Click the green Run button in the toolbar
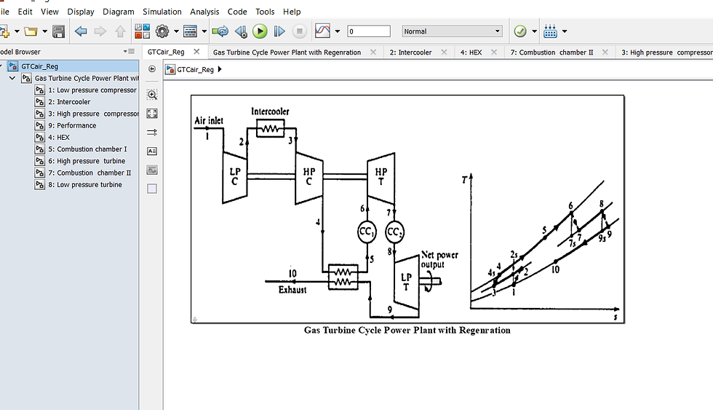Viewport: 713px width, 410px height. (x=260, y=31)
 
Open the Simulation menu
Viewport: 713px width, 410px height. (x=162, y=12)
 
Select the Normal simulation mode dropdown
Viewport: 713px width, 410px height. (x=452, y=31)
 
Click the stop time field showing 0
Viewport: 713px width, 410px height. (x=369, y=31)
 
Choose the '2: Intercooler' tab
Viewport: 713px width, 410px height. (x=410, y=52)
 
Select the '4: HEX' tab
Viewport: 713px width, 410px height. (x=471, y=52)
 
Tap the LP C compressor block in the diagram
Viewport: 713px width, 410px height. (x=234, y=177)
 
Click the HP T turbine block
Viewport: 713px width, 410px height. (x=381, y=176)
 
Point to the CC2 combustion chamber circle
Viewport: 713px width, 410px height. (x=394, y=232)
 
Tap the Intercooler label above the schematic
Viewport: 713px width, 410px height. (x=270, y=111)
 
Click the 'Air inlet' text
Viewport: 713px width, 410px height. (x=209, y=120)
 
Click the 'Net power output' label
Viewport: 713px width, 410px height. (x=439, y=260)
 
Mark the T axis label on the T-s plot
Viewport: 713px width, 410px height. (x=463, y=179)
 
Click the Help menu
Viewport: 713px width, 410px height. (x=292, y=12)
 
